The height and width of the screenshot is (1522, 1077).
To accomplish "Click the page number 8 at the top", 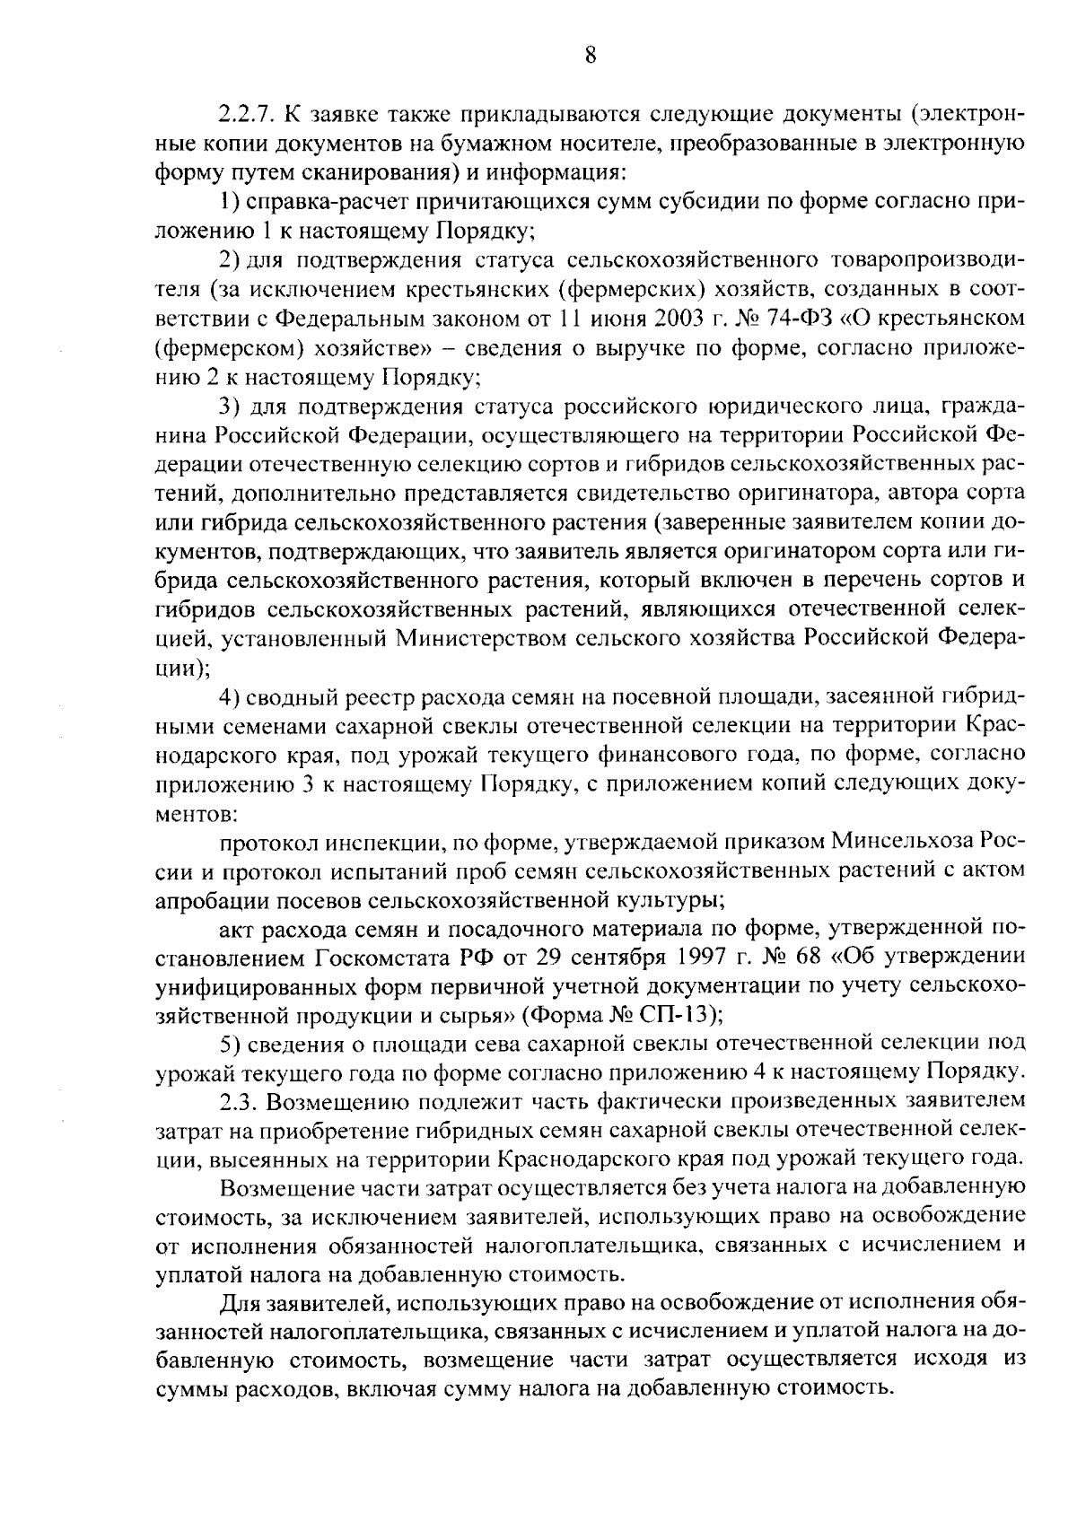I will tap(590, 55).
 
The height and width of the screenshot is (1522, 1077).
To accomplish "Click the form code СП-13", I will tap(680, 1014).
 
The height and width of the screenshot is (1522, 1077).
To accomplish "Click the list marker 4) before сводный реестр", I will tap(230, 696).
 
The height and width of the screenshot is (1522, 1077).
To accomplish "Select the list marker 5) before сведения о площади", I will tap(230, 1043).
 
